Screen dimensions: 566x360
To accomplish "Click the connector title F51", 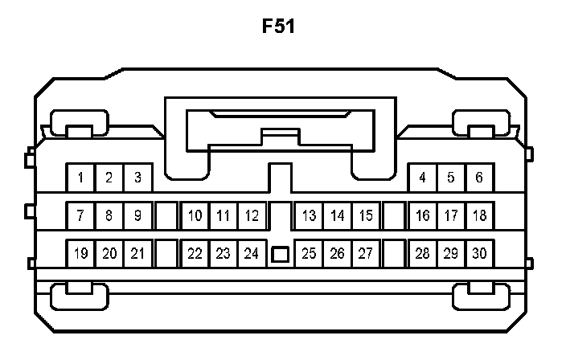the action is (279, 27).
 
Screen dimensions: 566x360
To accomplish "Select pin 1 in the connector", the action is (80, 178).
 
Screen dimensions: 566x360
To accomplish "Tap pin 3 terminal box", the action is (137, 178).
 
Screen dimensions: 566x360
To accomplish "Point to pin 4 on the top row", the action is (423, 178).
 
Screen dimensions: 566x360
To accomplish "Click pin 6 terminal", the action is (480, 178).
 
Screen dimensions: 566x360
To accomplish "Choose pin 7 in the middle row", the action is (80, 215).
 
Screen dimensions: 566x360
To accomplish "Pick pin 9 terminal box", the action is (137, 215).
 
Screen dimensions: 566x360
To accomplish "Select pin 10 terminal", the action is (195, 215).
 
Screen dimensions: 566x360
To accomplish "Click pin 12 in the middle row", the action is (252, 215).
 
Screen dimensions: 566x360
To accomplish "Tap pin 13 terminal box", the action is (309, 215).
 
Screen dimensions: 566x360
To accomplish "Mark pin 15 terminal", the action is (366, 215).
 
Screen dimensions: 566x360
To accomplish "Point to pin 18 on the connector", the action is (480, 215).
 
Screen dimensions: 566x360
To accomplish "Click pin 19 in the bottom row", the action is (80, 254).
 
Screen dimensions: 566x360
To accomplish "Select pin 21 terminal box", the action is (137, 254).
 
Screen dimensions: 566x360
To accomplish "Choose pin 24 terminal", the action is (252, 254).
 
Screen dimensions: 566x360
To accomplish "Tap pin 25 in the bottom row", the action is (309, 254).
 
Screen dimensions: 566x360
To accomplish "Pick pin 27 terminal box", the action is (366, 254).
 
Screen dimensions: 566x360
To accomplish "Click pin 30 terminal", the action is (480, 254).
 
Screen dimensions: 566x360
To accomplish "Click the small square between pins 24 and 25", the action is (280, 255).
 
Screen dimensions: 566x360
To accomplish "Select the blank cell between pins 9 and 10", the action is (166, 215).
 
